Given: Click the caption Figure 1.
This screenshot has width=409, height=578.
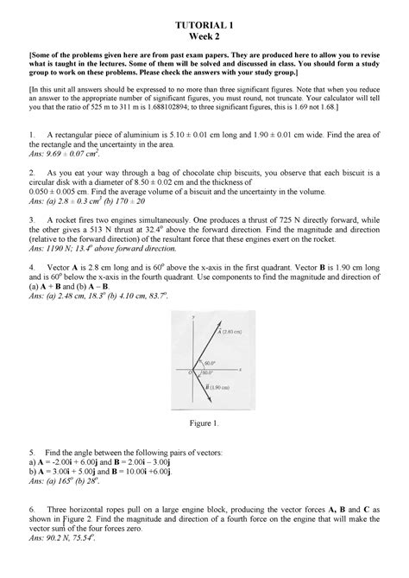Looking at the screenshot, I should coord(204,424).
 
